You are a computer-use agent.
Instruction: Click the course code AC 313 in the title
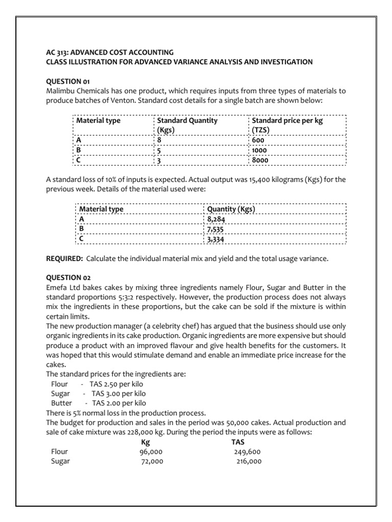(x=57, y=52)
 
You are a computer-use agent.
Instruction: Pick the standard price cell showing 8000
(x=260, y=160)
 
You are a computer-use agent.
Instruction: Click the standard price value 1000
(x=259, y=150)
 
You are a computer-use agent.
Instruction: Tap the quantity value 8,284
(x=216, y=219)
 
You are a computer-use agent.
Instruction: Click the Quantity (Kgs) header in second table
(x=231, y=209)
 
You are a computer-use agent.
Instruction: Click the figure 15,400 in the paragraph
(x=253, y=179)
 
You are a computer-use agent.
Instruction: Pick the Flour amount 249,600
(x=248, y=452)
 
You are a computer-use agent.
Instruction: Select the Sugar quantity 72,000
(x=152, y=461)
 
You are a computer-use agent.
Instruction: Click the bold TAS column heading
(x=238, y=442)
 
